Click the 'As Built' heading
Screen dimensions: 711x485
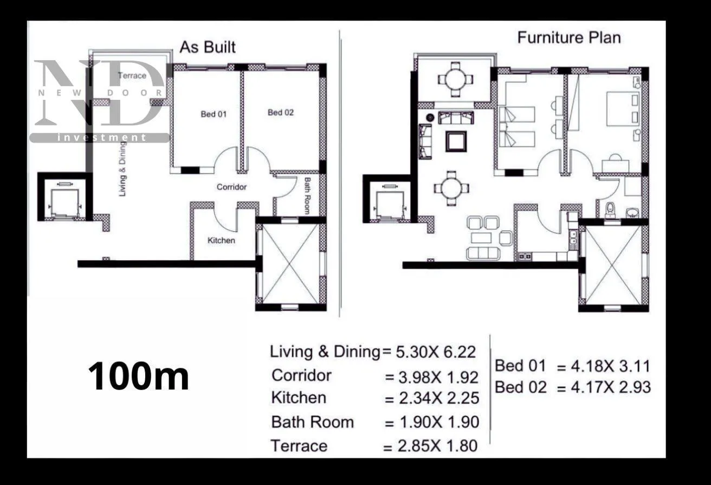(x=208, y=47)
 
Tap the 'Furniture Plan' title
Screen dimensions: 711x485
(x=569, y=37)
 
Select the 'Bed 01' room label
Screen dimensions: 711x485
(x=214, y=114)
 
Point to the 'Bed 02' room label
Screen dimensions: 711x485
(x=281, y=112)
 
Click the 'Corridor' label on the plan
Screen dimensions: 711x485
(x=231, y=187)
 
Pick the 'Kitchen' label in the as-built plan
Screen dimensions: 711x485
(x=221, y=240)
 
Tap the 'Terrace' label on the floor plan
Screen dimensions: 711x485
(x=132, y=75)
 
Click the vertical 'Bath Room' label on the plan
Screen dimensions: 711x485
(x=307, y=195)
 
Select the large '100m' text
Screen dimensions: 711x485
(x=138, y=376)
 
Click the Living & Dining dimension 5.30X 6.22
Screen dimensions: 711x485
(x=436, y=352)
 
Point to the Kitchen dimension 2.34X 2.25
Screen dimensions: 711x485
(x=439, y=398)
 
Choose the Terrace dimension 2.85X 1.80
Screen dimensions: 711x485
(x=437, y=446)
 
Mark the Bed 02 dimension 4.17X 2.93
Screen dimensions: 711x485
(x=611, y=387)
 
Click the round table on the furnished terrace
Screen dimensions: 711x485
(x=455, y=79)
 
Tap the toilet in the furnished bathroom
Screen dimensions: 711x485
(x=610, y=210)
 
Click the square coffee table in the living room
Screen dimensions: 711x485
(x=456, y=142)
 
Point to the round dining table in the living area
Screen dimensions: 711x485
(x=451, y=188)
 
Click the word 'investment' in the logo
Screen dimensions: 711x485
(x=102, y=138)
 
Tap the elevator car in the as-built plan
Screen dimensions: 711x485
(x=64, y=203)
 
